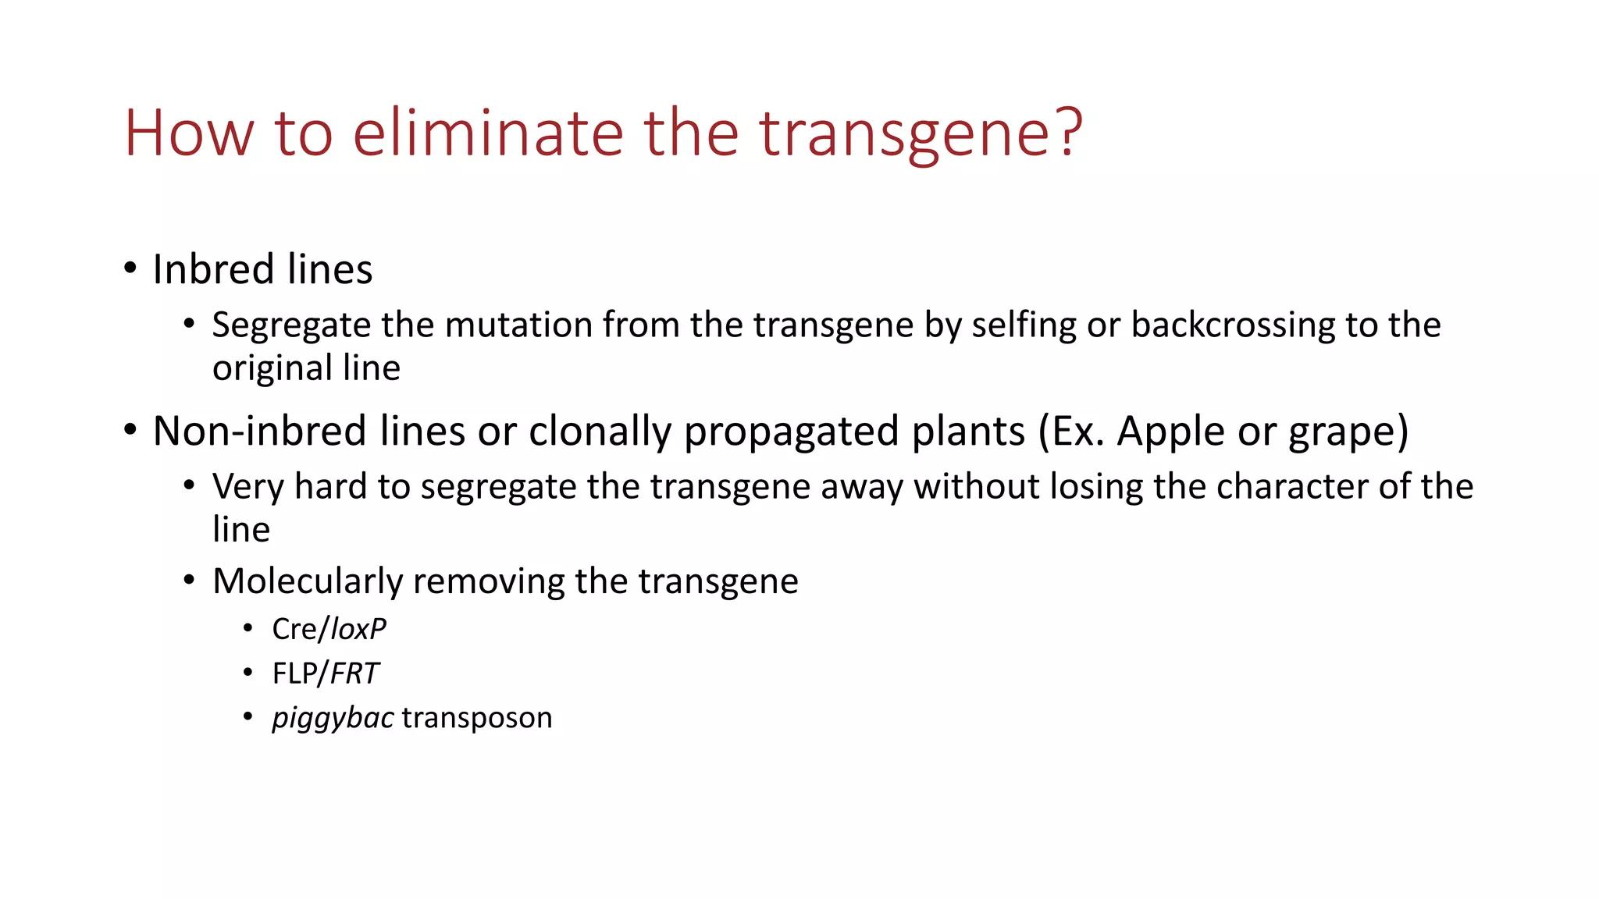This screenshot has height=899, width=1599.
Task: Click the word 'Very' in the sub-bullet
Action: point(248,486)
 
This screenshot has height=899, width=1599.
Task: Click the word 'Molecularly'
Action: point(307,581)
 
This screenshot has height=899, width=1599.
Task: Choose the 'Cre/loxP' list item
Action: point(329,629)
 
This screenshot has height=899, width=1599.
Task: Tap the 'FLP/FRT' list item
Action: point(325,673)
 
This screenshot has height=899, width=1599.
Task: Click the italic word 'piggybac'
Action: point(333,719)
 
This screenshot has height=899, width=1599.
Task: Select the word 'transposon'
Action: point(477,718)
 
